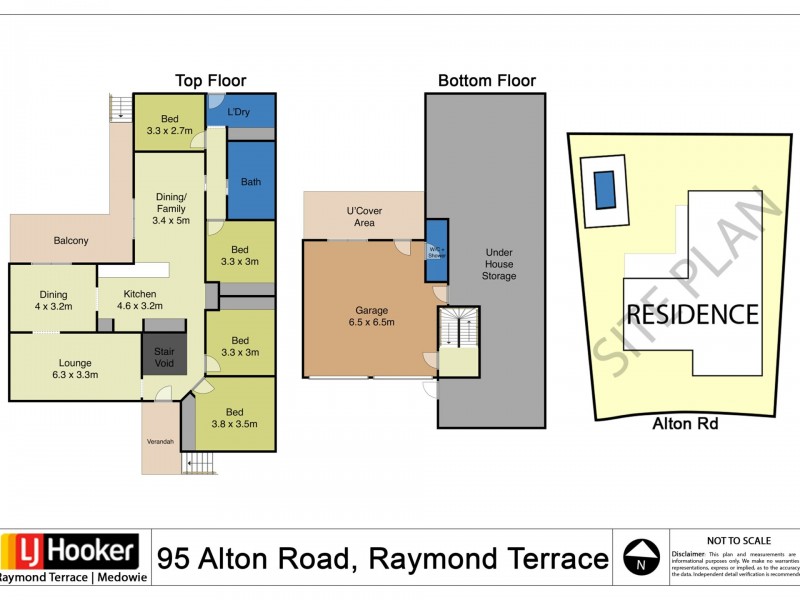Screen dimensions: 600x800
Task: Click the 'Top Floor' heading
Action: (x=210, y=81)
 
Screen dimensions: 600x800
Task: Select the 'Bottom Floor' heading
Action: (x=487, y=81)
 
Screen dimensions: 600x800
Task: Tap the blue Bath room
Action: (x=250, y=181)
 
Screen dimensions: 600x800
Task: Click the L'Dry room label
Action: (x=239, y=111)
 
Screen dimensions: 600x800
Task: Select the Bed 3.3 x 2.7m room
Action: (x=169, y=124)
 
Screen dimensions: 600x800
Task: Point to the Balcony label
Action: (x=71, y=240)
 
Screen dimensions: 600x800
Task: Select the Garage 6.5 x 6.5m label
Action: (x=370, y=316)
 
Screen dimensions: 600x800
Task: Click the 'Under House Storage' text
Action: (x=500, y=264)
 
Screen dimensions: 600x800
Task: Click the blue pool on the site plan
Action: (x=604, y=190)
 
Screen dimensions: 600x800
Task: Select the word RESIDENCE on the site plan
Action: (x=693, y=315)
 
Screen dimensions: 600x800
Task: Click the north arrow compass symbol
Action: (x=641, y=557)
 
